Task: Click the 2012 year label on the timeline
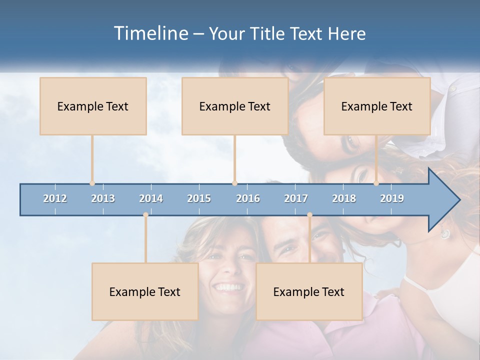55,199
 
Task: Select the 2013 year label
103,199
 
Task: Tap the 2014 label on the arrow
151,199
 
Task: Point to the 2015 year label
199,199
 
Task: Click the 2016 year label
248,199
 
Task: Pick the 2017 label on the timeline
296,199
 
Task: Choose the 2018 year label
344,199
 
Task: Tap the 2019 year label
392,199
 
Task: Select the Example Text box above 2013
93,106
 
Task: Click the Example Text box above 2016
235,106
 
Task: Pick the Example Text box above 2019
377,106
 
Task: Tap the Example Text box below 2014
145,292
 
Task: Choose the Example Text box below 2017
309,292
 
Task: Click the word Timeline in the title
150,33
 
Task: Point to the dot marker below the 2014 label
145,214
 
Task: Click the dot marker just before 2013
92,183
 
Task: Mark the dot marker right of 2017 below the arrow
309,214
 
